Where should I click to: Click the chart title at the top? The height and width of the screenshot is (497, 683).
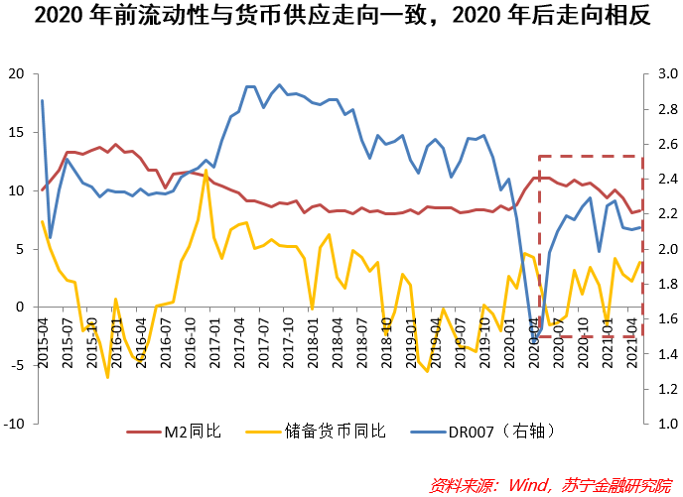point(341,18)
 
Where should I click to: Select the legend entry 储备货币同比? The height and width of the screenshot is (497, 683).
point(335,432)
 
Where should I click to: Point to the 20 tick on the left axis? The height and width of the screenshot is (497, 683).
point(16,73)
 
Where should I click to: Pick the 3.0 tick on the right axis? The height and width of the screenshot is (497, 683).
point(658,73)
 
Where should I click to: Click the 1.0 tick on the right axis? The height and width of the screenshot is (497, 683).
point(658,424)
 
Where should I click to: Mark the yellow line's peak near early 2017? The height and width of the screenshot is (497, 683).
point(205,173)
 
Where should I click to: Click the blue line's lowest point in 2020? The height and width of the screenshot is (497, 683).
point(534,343)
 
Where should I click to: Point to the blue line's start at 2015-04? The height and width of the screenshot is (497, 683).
point(42,100)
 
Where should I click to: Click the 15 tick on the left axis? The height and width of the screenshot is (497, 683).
point(16,132)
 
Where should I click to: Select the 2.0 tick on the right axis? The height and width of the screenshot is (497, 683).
point(658,249)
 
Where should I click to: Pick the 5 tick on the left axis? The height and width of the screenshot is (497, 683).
point(20,249)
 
